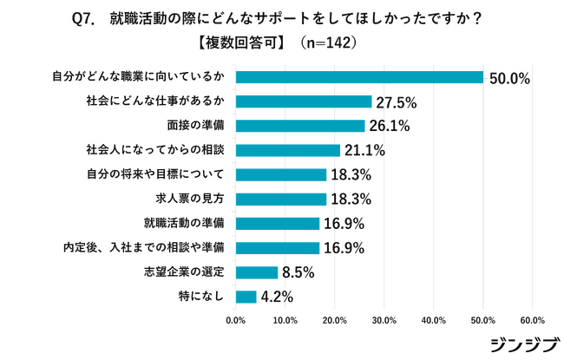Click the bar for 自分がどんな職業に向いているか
click(x=359, y=77)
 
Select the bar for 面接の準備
click(x=300, y=126)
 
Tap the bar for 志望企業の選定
click(x=257, y=272)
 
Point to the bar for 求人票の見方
click(x=281, y=199)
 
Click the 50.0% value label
click(x=509, y=79)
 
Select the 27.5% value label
click(x=397, y=102)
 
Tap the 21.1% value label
click(x=364, y=151)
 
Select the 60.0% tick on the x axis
click(x=532, y=320)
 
